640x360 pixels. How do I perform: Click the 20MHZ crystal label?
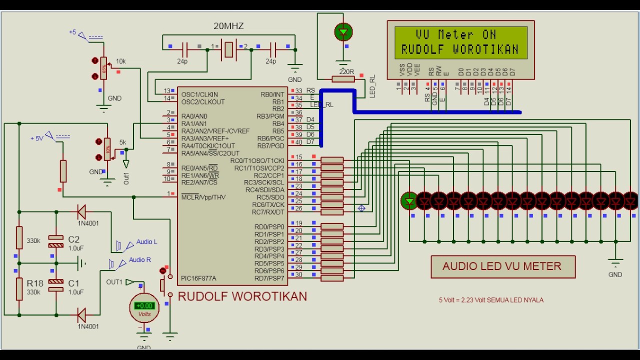[x=228, y=26]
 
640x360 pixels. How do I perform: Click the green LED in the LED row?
[x=409, y=200]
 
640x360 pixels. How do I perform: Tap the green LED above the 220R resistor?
[x=343, y=32]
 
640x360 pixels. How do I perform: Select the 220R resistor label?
[x=346, y=71]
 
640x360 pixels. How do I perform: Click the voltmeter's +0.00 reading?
[x=144, y=305]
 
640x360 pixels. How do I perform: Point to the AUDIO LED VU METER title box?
[x=502, y=266]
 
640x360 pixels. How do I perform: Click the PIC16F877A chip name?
[x=198, y=278]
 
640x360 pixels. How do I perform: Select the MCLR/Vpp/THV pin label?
[x=203, y=197]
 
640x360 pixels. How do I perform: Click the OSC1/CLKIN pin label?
[x=199, y=94]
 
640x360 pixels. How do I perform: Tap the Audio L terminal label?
[x=146, y=242]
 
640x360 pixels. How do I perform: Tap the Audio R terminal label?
[x=139, y=260]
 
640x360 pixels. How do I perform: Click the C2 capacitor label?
[x=73, y=239]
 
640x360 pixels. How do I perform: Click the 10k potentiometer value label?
[x=120, y=61]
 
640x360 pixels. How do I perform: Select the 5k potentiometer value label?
[x=122, y=142]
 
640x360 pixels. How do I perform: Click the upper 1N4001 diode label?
[x=88, y=223]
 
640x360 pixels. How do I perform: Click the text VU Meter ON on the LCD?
[x=455, y=34]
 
